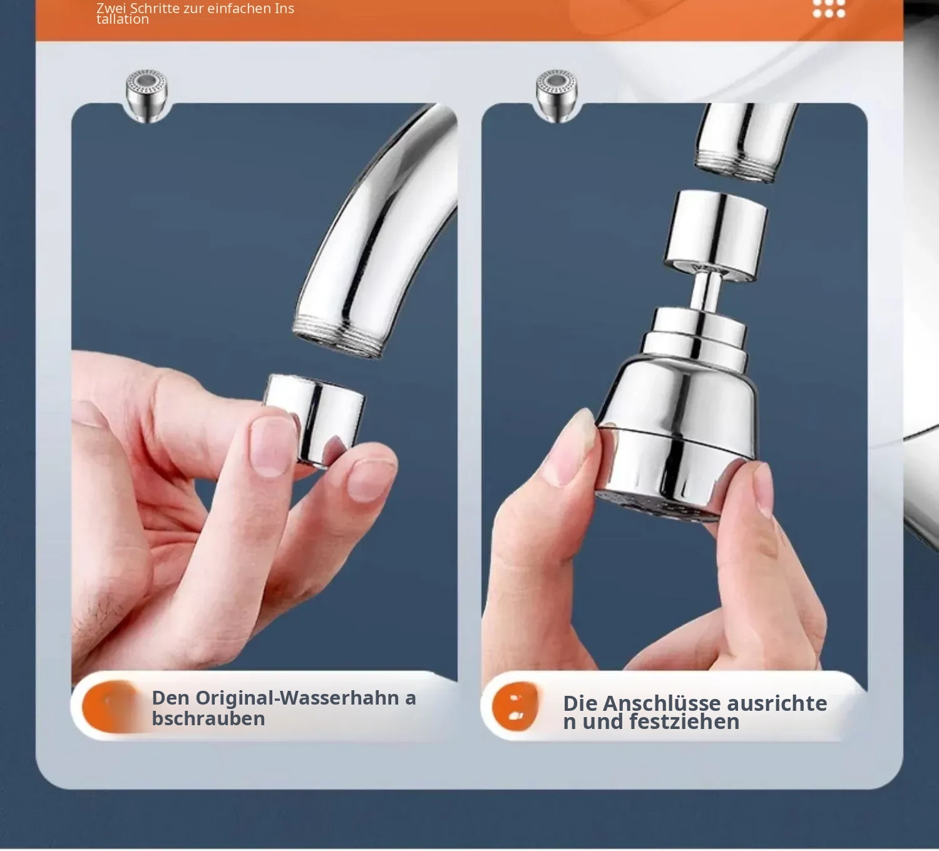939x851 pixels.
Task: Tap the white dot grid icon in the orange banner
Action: tap(829, 9)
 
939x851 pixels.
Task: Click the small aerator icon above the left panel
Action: tap(146, 96)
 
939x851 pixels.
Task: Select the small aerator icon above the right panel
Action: tap(557, 96)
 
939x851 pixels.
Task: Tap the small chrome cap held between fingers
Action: tap(314, 420)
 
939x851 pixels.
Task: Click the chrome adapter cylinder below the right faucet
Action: tap(716, 235)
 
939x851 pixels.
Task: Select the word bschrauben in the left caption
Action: tap(208, 718)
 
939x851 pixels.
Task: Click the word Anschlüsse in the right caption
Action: tap(660, 703)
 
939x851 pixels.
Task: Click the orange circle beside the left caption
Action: tap(111, 707)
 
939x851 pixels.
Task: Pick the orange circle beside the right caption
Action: tap(515, 706)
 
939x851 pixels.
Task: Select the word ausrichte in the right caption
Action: tap(777, 703)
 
